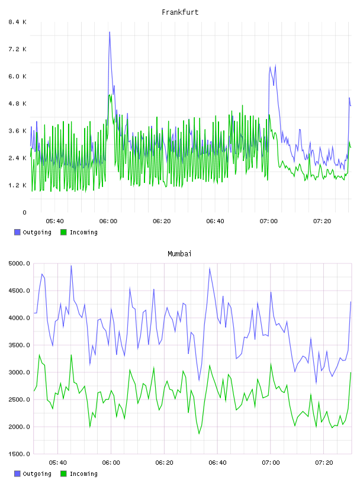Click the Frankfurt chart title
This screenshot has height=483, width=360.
point(180,12)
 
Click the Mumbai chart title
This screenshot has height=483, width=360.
point(179,254)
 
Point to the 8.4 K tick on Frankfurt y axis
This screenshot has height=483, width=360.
point(18,22)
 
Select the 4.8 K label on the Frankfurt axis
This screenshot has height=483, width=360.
point(18,104)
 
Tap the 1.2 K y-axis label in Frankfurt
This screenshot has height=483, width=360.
point(18,185)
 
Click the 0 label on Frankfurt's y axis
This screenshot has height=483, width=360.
point(25,212)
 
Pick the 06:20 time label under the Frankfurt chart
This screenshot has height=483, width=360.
point(162,221)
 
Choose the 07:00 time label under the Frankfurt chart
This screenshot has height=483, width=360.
point(269,221)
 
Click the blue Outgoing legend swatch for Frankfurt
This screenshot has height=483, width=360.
point(17,232)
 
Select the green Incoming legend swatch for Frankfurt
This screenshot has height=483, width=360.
point(63,232)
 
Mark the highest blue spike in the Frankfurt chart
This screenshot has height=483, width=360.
point(110,32)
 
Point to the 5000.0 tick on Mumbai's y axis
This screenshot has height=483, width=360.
point(20,263)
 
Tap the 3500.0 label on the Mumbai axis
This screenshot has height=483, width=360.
point(20,345)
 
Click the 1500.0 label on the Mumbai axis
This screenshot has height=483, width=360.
point(20,454)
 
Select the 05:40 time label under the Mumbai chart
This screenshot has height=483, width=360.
point(57,463)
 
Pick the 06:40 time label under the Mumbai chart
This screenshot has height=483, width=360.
point(218,463)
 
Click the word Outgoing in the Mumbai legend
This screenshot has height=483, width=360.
point(37,474)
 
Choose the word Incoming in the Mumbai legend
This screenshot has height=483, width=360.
point(83,474)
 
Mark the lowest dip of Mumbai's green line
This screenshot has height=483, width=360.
point(199,434)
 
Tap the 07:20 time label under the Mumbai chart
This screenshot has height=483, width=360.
point(324,463)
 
